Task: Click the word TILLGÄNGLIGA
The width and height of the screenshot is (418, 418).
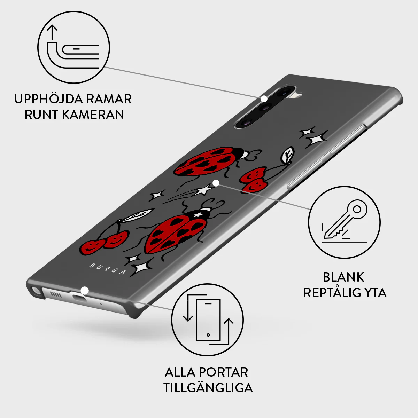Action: pos(208,388)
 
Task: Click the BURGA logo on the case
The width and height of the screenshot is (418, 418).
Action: pos(107,269)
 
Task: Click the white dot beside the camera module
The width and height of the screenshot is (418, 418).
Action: pos(264,99)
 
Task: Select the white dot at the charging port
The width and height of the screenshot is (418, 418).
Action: pos(85,291)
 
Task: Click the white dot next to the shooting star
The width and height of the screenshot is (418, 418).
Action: pos(216,183)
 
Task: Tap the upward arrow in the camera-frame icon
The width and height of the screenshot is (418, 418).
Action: pos(52,32)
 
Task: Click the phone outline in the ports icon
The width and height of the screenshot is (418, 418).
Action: pos(208,320)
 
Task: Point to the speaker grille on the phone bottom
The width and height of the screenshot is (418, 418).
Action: pos(56,294)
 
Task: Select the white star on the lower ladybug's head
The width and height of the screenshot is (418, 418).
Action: pos(198,215)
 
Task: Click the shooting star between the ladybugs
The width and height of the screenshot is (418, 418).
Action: pos(203,189)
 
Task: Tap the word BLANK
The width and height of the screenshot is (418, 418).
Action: pos(343,277)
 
